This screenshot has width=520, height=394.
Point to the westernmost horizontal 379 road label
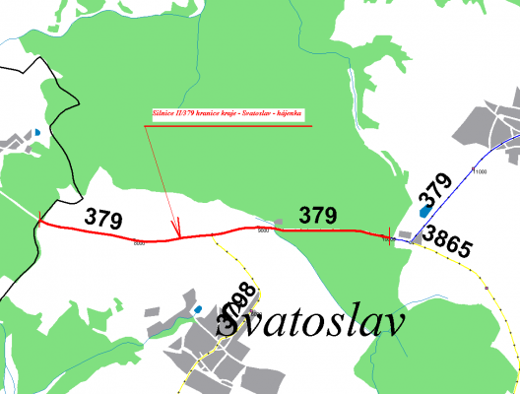103,218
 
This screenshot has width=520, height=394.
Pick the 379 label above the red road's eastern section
318,214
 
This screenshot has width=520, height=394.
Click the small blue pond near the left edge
36,132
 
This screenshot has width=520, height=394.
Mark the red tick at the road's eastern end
391,235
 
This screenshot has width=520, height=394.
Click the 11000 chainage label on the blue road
481,172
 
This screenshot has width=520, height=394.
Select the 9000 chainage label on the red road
263,230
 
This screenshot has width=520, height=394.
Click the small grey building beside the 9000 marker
263,222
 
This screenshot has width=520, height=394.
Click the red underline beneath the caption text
231,126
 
